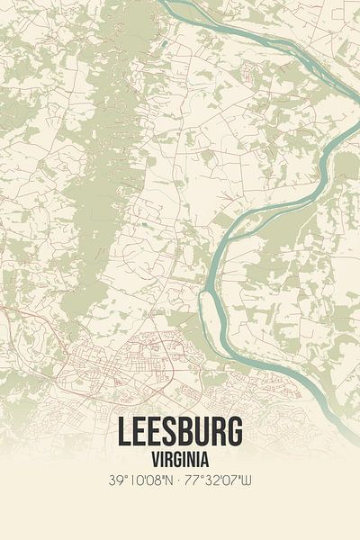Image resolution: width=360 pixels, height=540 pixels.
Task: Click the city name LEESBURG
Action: pos(179,433)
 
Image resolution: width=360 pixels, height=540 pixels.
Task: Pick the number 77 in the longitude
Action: pos(193,480)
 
